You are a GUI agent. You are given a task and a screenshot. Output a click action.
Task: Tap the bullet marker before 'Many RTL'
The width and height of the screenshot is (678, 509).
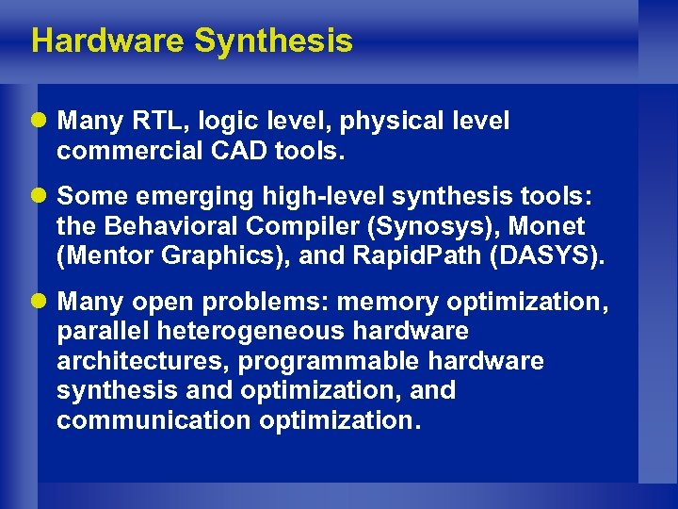tap(41, 122)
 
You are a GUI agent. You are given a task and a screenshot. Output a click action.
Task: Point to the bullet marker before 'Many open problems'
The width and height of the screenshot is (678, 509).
tap(41, 303)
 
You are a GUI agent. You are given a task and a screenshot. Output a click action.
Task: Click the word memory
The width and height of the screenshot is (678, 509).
tap(387, 303)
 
